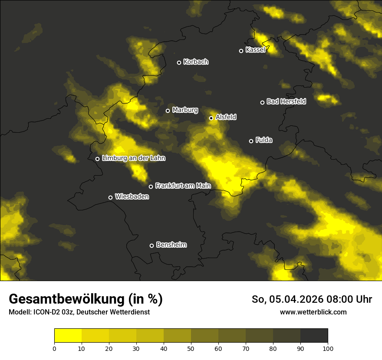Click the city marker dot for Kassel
pyautogui.click(x=241, y=51)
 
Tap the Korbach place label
pyautogui.click(x=196, y=62)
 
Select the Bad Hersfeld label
pyautogui.click(x=286, y=101)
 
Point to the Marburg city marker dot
pyautogui.click(x=168, y=111)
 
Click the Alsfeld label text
pyautogui.click(x=226, y=117)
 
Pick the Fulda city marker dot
pyautogui.click(x=251, y=141)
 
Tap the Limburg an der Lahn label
pyautogui.click(x=134, y=158)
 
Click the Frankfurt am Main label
pyautogui.click(x=183, y=186)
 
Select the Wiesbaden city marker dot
pyautogui.click(x=111, y=197)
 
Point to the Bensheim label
pyautogui.click(x=171, y=245)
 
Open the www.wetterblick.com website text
pyautogui.click(x=313, y=312)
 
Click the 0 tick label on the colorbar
pyautogui.click(x=54, y=348)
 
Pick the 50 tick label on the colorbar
pyautogui.click(x=191, y=348)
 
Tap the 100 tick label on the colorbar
pyautogui.click(x=328, y=348)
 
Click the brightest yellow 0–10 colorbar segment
pyautogui.click(x=68, y=336)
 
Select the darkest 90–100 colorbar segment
pyautogui.click(x=314, y=336)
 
